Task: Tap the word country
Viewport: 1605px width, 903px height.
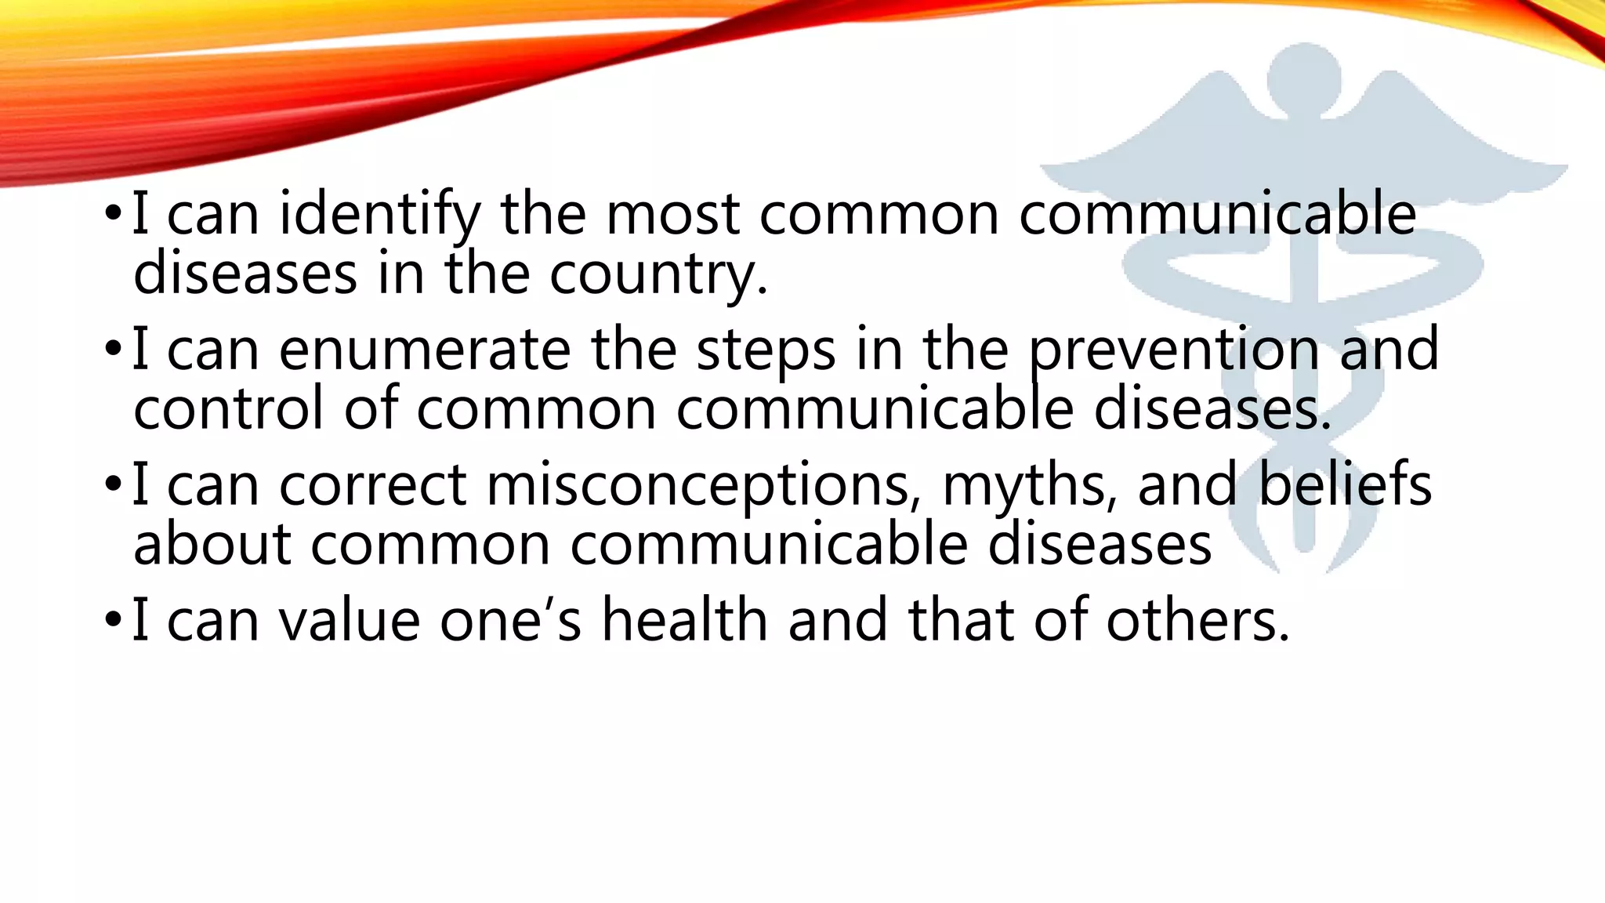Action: pos(658,274)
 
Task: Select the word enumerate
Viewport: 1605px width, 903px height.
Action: pos(425,350)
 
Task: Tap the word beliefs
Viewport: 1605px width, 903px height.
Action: pos(1345,485)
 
